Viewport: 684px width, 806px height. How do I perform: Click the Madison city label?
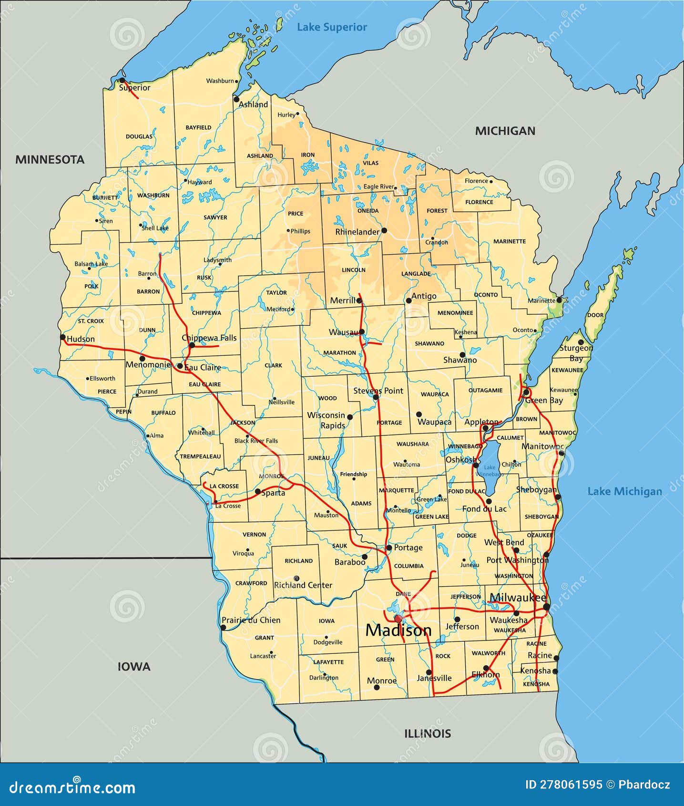[x=398, y=630]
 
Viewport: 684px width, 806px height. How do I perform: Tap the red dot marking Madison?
[x=398, y=619]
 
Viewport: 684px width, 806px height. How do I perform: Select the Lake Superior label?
[x=332, y=27]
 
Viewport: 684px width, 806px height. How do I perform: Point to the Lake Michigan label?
[x=624, y=491]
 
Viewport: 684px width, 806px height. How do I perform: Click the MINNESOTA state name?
[x=50, y=160]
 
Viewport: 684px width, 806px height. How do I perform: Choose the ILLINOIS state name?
[x=428, y=734]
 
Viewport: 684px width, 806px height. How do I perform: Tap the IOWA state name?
[x=134, y=667]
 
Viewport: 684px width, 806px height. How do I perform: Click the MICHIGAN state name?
[x=505, y=131]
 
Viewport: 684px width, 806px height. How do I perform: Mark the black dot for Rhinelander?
[x=384, y=230]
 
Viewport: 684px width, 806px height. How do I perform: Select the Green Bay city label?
[x=544, y=401]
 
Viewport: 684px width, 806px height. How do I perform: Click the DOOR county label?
[x=595, y=315]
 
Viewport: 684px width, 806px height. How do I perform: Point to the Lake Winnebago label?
[x=490, y=471]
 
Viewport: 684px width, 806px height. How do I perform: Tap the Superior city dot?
[x=122, y=80]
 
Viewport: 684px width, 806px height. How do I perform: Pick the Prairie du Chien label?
[x=251, y=620]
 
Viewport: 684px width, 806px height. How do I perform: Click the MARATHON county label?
[x=339, y=353]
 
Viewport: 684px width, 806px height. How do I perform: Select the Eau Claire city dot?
[x=180, y=366]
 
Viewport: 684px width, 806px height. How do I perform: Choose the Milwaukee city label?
[x=518, y=598]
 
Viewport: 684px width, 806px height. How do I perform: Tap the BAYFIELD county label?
[x=198, y=128]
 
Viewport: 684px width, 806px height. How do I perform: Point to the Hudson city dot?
[x=62, y=337]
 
